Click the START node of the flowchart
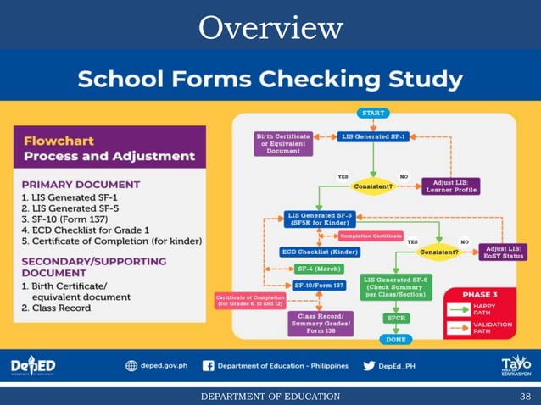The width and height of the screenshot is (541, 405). click(373, 113)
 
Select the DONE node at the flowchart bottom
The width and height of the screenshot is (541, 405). click(396, 339)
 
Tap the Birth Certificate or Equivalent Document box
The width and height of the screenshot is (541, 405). click(283, 142)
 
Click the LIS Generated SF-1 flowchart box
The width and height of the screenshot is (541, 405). click(373, 136)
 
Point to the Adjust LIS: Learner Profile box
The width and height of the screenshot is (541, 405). click(449, 186)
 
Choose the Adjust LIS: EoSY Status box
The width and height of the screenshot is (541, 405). click(502, 252)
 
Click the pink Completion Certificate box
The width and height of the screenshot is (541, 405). click(370, 236)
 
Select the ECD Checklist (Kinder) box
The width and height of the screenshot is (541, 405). click(320, 252)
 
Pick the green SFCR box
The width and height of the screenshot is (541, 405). click(396, 318)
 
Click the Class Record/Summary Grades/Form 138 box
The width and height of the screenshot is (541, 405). click(320, 323)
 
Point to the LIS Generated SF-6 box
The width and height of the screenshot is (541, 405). click(397, 287)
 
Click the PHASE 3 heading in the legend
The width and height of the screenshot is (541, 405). click(480, 294)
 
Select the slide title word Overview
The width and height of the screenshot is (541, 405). click(270, 28)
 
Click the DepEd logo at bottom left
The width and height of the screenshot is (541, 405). click(33, 365)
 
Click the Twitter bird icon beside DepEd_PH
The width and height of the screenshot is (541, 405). click(369, 366)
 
